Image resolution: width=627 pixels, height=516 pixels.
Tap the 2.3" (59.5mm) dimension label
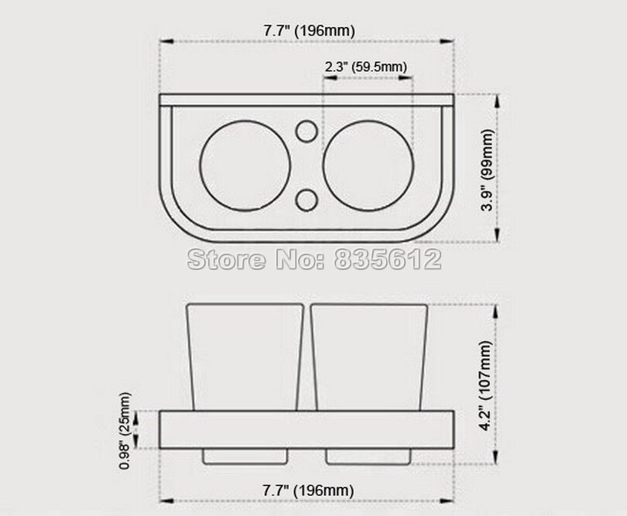[x=366, y=67]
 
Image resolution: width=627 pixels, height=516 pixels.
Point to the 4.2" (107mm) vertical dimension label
[x=487, y=379]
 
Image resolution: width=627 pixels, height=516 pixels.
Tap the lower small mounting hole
[x=307, y=199]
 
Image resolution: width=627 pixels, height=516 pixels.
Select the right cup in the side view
[x=369, y=356]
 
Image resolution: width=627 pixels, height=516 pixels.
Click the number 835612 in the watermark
[x=387, y=259]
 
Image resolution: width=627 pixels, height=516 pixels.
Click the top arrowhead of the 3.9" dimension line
[x=496, y=97]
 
